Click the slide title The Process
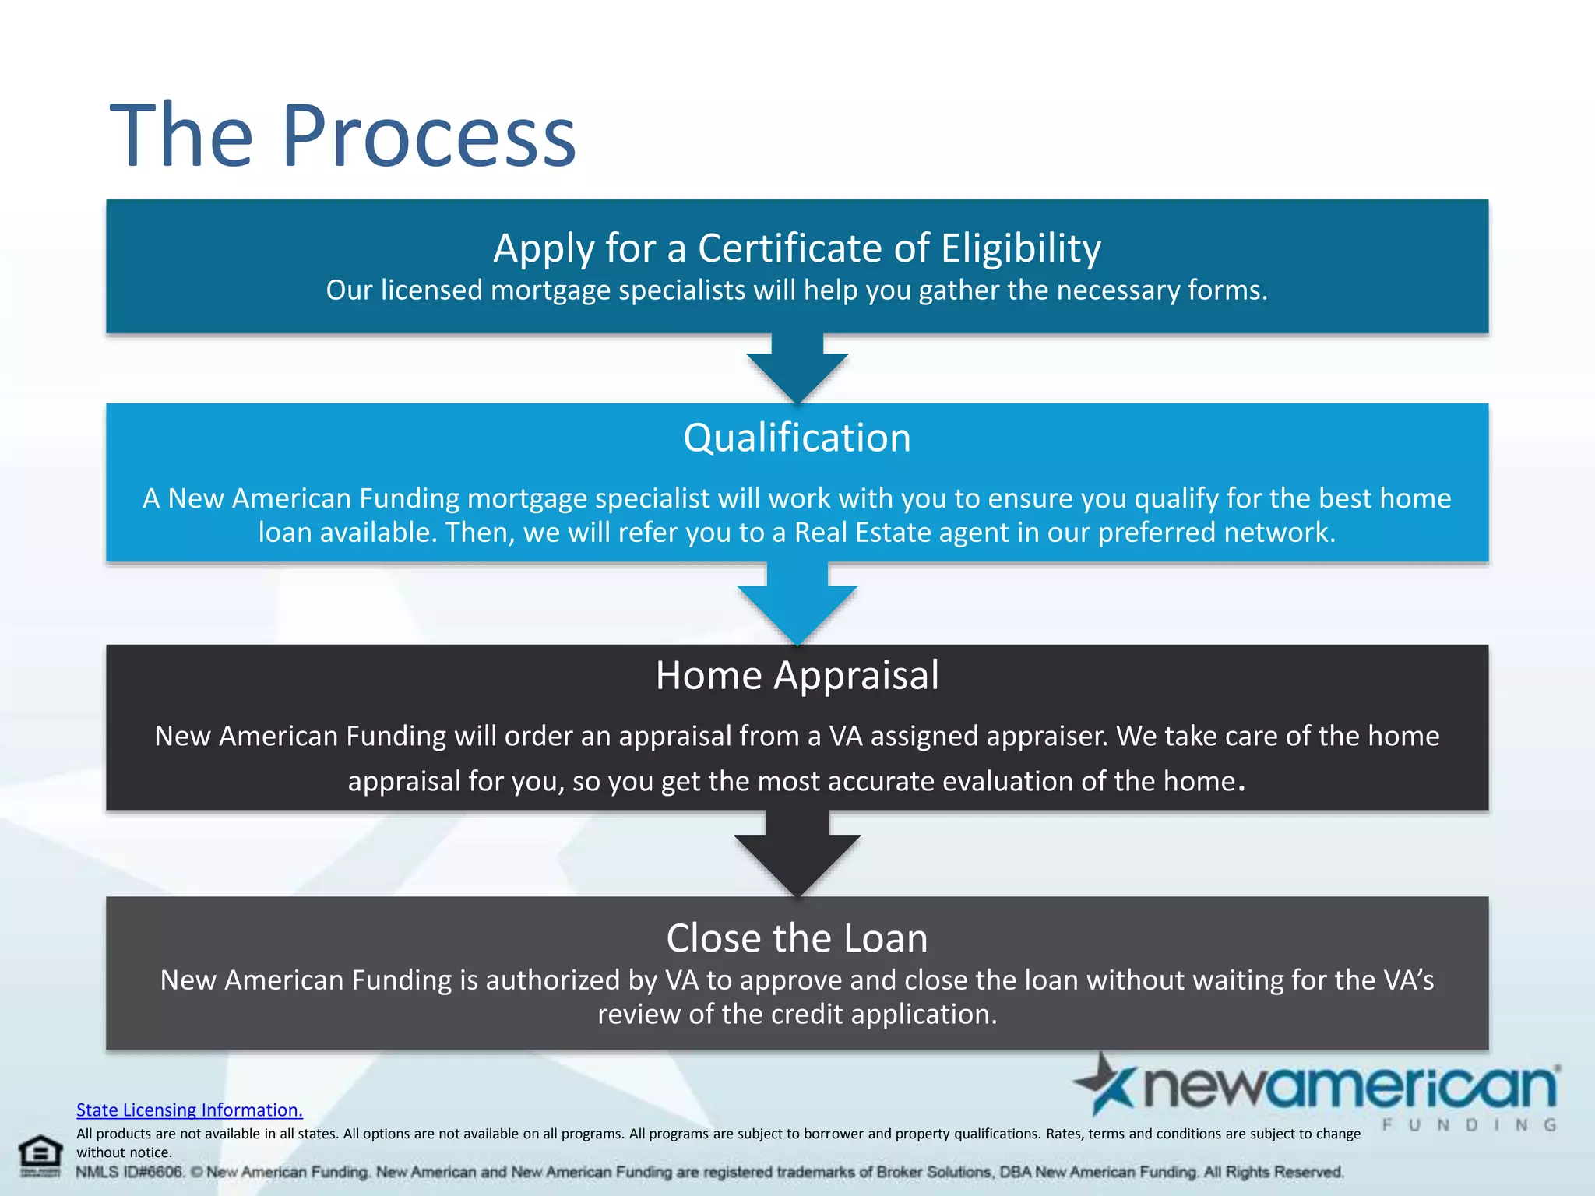click(x=343, y=136)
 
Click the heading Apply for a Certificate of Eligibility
click(x=797, y=248)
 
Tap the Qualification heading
click(x=797, y=438)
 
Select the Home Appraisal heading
click(x=797, y=675)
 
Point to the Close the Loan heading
click(x=797, y=938)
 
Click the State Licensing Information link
click(x=189, y=1110)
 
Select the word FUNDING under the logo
click(x=1469, y=1125)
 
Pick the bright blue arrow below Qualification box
click(x=797, y=603)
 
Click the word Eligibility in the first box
click(x=1020, y=248)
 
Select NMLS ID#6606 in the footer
click(x=129, y=1172)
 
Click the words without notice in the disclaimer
click(x=123, y=1152)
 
